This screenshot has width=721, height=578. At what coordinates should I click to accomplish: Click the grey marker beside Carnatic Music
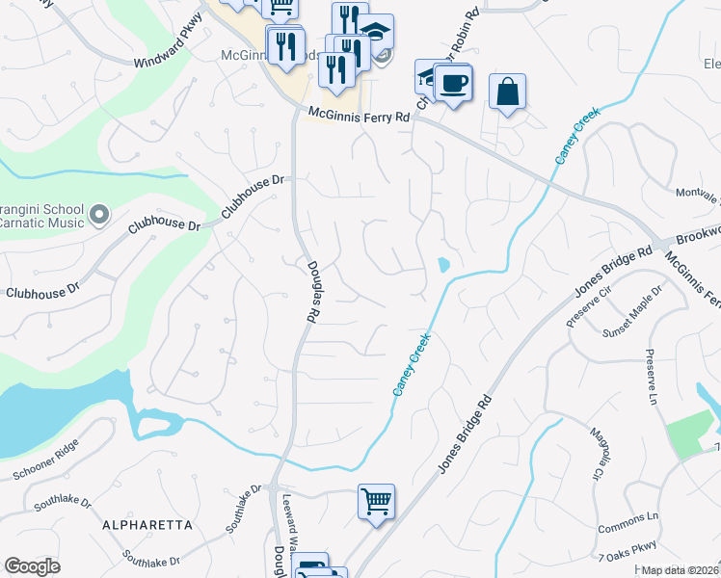97,213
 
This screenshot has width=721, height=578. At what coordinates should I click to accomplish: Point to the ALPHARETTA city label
147,525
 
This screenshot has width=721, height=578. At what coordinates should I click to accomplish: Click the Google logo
32,566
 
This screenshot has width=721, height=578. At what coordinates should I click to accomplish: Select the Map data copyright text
681,571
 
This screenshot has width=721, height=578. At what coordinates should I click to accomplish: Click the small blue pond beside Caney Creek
442,264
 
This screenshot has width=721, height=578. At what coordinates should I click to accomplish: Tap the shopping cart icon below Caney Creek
376,500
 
